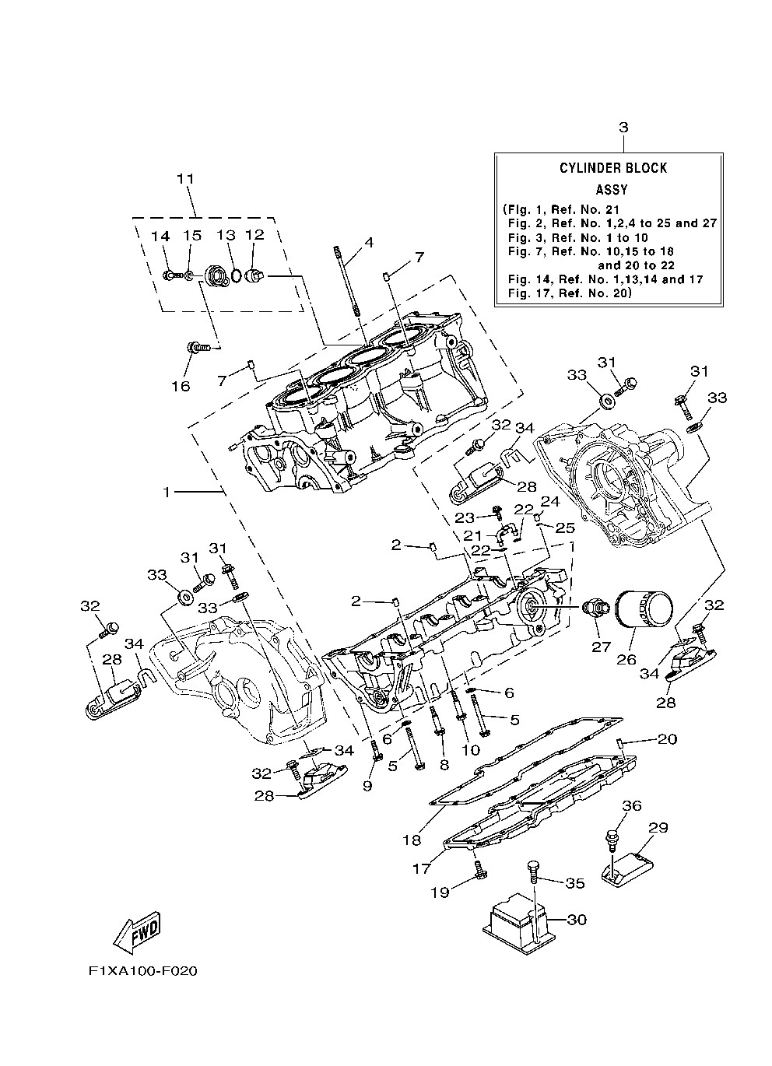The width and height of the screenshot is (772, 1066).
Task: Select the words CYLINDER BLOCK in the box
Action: tap(612, 168)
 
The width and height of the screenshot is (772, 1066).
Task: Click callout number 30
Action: tap(577, 920)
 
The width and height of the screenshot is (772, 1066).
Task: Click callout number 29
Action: tap(658, 828)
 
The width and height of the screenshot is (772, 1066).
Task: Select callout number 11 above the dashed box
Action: tap(184, 179)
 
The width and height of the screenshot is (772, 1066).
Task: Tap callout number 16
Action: tap(181, 386)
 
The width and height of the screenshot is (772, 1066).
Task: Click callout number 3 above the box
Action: tap(623, 127)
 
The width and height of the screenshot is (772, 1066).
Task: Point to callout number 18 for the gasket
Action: tap(412, 840)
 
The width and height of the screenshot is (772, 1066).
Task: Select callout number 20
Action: tap(668, 738)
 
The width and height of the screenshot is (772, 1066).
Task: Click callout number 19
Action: tap(440, 892)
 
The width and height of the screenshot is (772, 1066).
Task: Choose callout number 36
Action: tap(631, 806)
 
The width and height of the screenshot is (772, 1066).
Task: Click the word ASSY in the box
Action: tap(612, 189)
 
